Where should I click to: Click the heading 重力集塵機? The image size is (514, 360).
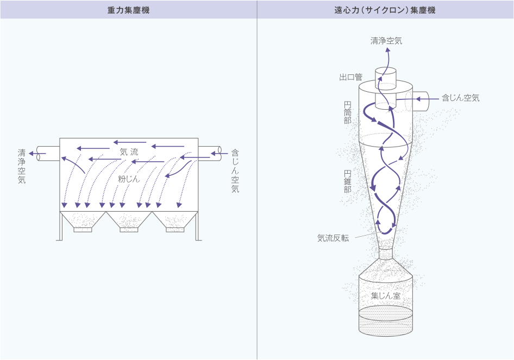[129, 10]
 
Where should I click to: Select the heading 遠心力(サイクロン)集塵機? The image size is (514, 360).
[385, 10]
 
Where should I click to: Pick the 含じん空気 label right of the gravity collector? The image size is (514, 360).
[235, 170]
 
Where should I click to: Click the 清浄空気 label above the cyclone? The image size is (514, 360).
[386, 41]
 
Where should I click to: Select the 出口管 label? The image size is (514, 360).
[351, 77]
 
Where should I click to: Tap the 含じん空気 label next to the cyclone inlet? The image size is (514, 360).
[461, 98]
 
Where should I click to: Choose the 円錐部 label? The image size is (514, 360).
[347, 181]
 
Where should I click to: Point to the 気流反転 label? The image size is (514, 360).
[333, 238]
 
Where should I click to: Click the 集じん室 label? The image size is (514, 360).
[385, 296]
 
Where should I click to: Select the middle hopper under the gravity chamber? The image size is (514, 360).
[129, 221]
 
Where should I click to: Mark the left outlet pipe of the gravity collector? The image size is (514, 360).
[48, 154]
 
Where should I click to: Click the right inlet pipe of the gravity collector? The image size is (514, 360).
[209, 153]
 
